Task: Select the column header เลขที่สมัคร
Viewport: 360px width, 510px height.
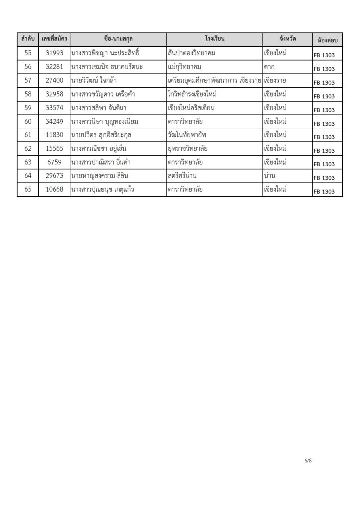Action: click(54, 39)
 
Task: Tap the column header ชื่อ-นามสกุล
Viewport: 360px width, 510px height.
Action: click(118, 39)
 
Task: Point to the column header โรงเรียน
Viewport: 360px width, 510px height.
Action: click(215, 39)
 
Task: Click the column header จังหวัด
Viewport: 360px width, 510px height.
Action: click(287, 39)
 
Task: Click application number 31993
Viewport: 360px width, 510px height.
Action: click(54, 53)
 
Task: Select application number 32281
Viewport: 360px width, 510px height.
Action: click(54, 67)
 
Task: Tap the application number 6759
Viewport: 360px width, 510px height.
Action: click(54, 162)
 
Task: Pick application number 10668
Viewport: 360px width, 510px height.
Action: click(54, 190)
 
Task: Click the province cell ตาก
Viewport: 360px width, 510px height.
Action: click(270, 67)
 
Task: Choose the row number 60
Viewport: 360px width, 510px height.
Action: click(28, 122)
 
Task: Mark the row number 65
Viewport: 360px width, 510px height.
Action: click(28, 190)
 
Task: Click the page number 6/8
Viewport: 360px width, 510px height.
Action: click(308, 461)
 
